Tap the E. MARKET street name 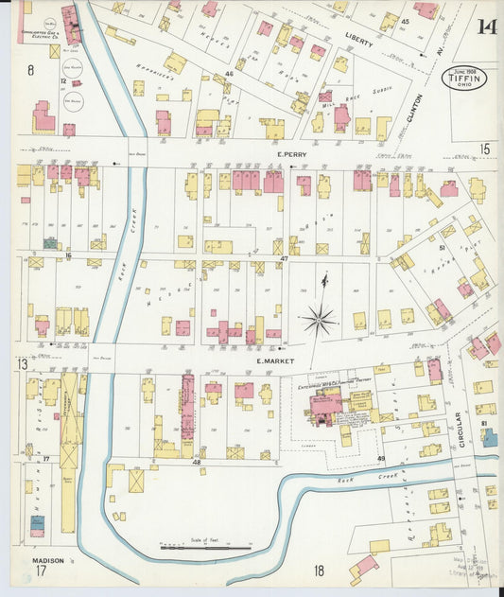coord(275,360)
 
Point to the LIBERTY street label coord(359,43)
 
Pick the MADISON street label coord(47,560)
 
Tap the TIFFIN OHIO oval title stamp coord(464,78)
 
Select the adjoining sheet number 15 coord(485,149)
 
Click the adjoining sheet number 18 coord(320,571)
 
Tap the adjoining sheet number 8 coord(30,70)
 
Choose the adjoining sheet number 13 coord(21,364)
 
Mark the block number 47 coord(284,257)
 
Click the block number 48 coord(198,463)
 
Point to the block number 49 coord(382,459)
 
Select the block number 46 coord(230,73)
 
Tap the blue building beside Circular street coord(489,437)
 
